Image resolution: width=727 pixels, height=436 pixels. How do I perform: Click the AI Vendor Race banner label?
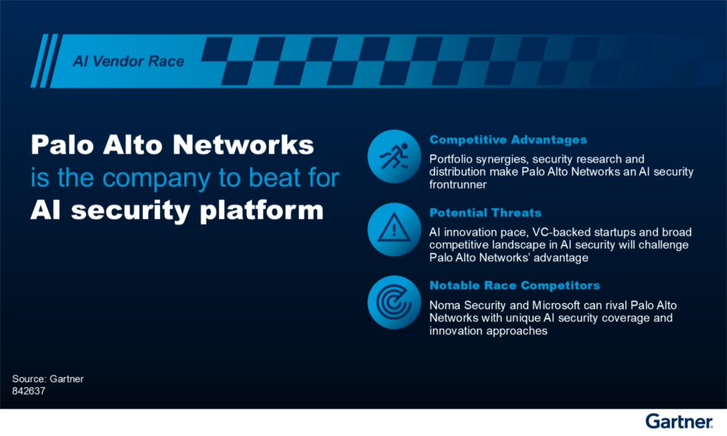[x=128, y=61]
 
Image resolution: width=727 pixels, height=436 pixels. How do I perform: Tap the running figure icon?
[x=394, y=157]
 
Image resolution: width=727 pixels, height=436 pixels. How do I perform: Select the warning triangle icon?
[x=394, y=229]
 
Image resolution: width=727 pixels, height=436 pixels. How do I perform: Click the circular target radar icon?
[x=394, y=302]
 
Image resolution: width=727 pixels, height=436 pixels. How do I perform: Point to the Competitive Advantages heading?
[x=508, y=140]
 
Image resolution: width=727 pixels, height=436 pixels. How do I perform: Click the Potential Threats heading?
[x=485, y=212]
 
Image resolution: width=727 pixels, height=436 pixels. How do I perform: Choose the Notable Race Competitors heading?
[x=514, y=285]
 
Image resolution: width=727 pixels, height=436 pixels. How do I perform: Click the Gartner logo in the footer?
[x=678, y=421]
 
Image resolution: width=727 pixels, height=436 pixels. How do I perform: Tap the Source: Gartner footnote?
[x=47, y=378]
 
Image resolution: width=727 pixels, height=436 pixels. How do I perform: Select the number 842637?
[x=29, y=391]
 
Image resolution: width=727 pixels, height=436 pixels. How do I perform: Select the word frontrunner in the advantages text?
[x=460, y=185]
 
